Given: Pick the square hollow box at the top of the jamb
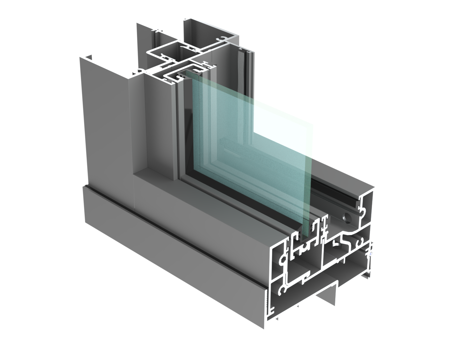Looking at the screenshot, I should point(174,52).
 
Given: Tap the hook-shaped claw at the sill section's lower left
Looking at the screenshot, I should point(282,290).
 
